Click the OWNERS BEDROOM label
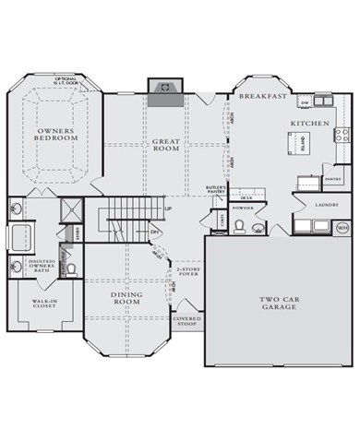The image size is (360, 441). (56, 134)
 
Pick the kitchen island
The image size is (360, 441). (307, 143)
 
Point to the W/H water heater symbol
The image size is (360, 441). (342, 227)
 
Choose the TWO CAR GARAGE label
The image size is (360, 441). (277, 301)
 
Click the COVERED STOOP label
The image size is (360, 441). (186, 322)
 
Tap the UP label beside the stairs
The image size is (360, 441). (167, 209)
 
